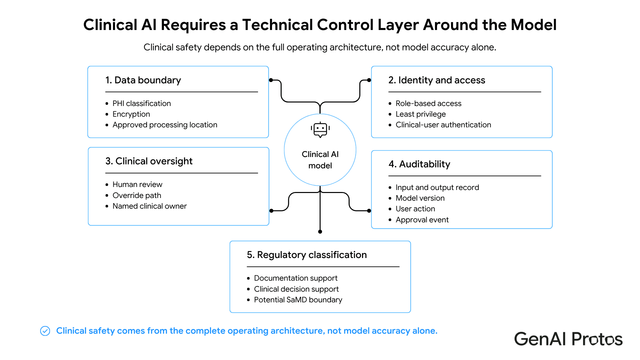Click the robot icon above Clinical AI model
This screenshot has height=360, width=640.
tap(320, 130)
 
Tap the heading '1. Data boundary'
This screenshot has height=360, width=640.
tap(143, 80)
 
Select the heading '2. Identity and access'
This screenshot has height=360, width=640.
tap(437, 80)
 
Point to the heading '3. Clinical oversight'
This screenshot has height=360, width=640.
tap(149, 161)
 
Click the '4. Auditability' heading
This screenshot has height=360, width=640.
tap(419, 164)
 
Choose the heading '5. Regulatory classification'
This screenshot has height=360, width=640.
tap(307, 255)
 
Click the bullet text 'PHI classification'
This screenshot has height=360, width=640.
tap(142, 103)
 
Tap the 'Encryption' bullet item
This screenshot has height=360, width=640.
tap(131, 114)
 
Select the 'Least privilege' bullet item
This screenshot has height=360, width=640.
tap(421, 114)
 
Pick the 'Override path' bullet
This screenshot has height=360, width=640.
tap(137, 195)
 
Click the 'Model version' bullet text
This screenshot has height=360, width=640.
tap(420, 198)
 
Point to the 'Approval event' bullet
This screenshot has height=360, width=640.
tap(422, 220)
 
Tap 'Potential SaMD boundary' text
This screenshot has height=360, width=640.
tap(298, 300)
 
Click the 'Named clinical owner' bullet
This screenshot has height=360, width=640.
tap(150, 206)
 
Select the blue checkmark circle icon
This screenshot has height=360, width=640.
tap(45, 331)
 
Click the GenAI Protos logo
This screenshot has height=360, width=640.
tap(568, 339)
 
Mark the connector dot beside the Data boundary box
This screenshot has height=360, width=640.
tap(271, 80)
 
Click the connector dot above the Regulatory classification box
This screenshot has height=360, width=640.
tap(320, 232)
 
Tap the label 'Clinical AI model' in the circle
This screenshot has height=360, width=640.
tap(320, 160)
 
